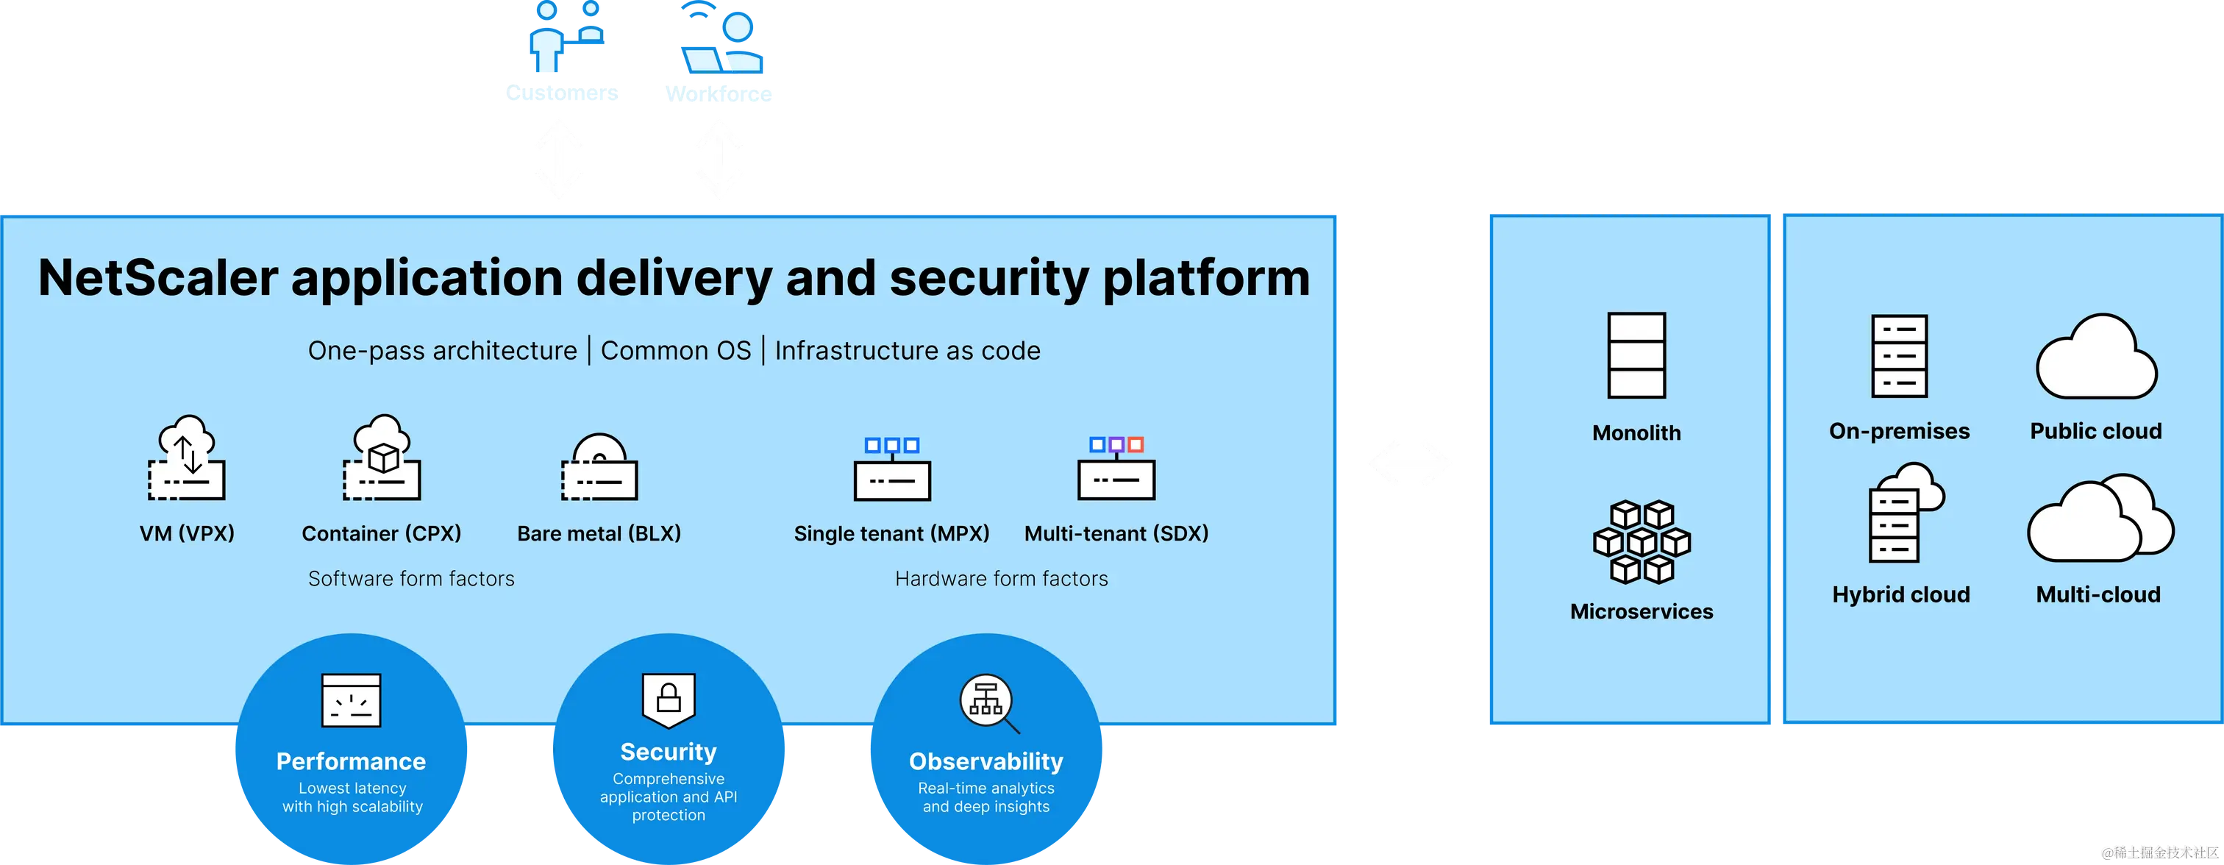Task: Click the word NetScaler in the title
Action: pos(158,278)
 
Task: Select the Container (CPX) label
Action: pos(381,533)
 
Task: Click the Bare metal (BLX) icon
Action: pos(599,468)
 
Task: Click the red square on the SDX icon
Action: pos(1136,444)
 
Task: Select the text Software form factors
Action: pos(411,578)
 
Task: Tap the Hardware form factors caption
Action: pos(1001,578)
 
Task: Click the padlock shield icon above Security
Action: pos(669,698)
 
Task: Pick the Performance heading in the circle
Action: pos(351,761)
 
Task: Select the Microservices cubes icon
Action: pos(1642,542)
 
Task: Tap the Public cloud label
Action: pos(2095,431)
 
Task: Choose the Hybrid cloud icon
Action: pos(1902,513)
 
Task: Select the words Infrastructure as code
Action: pos(907,351)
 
